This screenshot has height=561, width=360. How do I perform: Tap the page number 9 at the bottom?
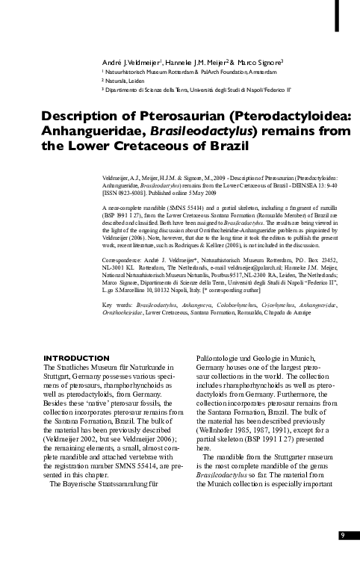[x=342, y=535]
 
